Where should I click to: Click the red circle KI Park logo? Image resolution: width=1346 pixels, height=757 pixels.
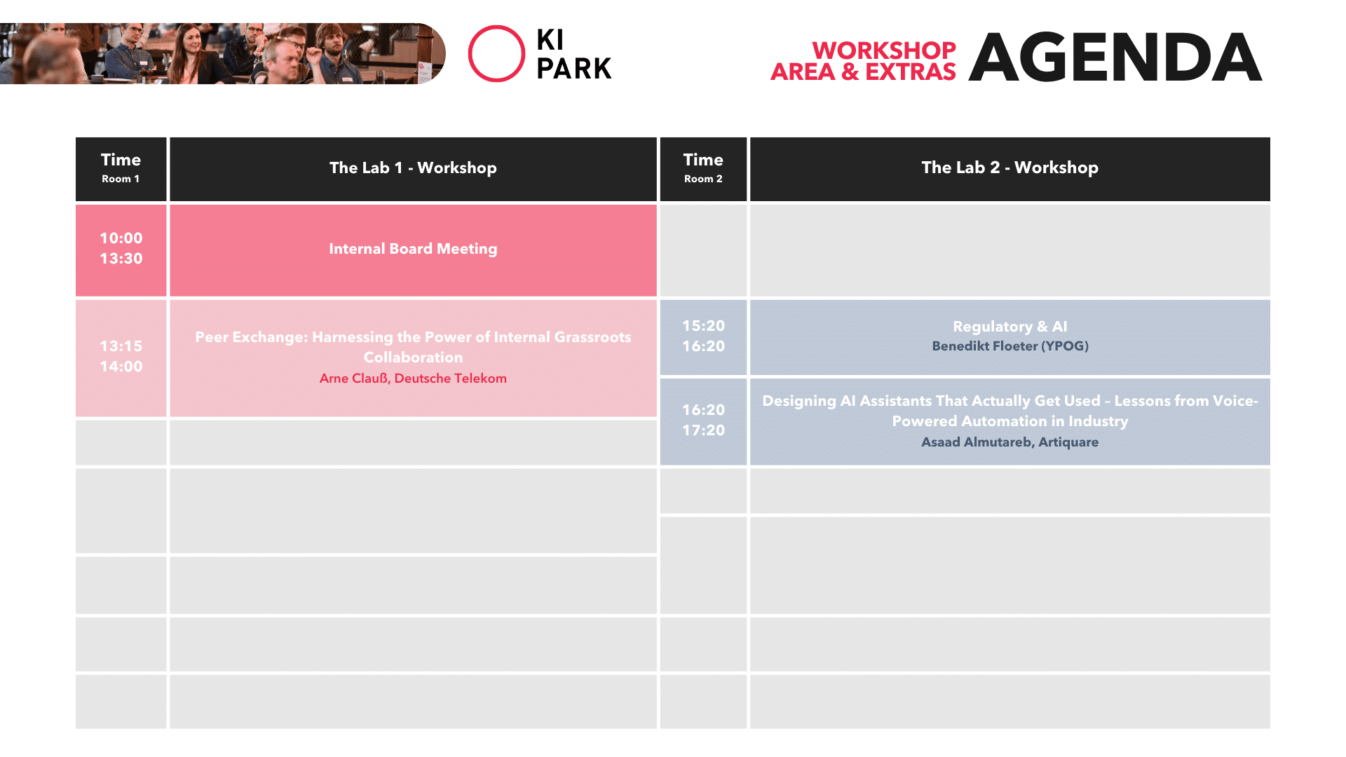(x=469, y=54)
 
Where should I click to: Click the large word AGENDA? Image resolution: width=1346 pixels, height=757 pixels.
(x=1115, y=57)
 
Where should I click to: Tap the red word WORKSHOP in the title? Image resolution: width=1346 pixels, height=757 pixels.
(x=884, y=50)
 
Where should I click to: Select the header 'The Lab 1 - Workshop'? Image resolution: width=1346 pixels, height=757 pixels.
(x=413, y=168)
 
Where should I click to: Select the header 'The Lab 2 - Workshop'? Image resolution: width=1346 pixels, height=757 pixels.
(x=1009, y=168)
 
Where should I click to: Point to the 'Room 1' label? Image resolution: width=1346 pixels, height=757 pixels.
(x=121, y=179)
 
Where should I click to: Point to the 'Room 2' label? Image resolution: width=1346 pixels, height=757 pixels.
(x=703, y=179)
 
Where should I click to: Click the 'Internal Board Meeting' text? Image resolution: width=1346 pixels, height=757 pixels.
(x=413, y=249)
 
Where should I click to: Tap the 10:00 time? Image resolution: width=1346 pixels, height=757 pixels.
(x=121, y=238)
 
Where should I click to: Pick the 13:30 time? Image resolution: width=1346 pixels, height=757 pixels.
(x=121, y=259)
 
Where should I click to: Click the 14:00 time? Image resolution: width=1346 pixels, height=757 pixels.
(x=121, y=367)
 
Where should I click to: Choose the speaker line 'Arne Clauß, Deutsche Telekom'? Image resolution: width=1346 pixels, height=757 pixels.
(x=413, y=378)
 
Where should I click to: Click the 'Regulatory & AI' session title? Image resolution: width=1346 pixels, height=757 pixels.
(x=1009, y=327)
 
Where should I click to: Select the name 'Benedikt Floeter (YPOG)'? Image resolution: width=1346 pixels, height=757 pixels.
(x=1009, y=346)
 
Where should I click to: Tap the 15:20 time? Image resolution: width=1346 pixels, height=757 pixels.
(x=703, y=326)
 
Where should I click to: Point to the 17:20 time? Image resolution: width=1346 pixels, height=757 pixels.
(x=703, y=430)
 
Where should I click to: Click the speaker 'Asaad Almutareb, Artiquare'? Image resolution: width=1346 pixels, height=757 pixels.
(x=1009, y=442)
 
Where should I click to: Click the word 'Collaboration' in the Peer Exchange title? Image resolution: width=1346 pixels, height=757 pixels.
(x=413, y=357)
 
